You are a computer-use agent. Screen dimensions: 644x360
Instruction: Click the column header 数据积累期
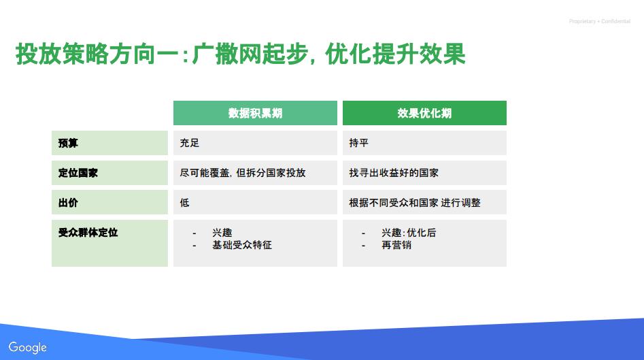[255, 113]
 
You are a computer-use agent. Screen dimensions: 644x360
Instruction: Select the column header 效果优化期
[424, 113]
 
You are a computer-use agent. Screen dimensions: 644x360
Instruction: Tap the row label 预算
[68, 143]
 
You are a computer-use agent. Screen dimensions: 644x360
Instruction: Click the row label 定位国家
[78, 173]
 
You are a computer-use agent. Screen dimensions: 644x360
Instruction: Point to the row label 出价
[68, 203]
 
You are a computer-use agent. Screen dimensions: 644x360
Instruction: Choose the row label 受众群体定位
[88, 233]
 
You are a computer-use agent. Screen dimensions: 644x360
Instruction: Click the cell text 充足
[189, 143]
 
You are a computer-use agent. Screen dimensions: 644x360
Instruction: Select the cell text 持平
[358, 143]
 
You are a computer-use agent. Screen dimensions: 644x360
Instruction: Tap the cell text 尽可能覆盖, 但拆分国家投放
[243, 173]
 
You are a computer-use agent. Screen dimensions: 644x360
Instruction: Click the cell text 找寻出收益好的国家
[394, 173]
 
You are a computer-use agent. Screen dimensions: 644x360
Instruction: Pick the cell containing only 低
[255, 202]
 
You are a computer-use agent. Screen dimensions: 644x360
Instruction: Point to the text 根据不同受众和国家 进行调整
[415, 203]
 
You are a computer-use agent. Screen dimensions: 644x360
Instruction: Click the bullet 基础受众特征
[242, 245]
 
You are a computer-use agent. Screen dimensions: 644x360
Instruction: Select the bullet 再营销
[396, 245]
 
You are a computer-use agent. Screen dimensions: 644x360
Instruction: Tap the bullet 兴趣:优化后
[409, 233]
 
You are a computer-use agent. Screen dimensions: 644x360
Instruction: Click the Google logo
[27, 348]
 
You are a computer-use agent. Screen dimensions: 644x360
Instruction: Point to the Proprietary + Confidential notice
[599, 21]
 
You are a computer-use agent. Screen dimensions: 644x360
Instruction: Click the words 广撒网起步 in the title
[250, 54]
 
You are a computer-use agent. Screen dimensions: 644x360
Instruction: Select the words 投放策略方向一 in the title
[97, 54]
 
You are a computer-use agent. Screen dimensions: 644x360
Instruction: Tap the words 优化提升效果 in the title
[395, 54]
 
